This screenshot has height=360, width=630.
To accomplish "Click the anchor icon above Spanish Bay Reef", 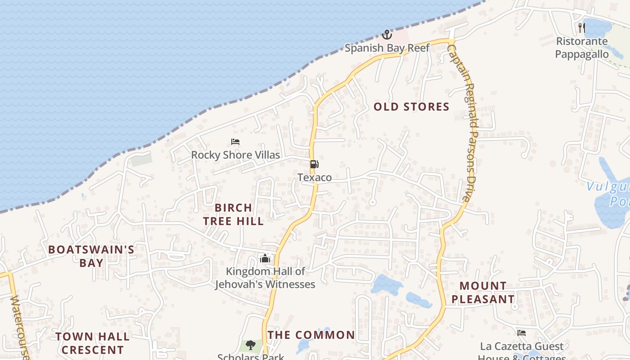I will tap(387, 34).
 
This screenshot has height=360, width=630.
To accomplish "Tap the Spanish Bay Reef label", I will tap(387, 48).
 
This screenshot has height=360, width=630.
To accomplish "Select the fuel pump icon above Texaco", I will tap(314, 164).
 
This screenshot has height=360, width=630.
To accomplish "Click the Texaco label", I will tap(315, 177).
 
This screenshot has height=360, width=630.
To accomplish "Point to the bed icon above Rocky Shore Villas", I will tap(235, 142).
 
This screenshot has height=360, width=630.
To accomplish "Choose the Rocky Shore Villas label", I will tap(235, 155).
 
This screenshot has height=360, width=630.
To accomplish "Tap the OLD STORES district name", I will tap(411, 107).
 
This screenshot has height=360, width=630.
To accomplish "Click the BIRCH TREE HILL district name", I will tap(233, 214).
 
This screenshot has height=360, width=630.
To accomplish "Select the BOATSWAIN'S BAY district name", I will tap(91, 256).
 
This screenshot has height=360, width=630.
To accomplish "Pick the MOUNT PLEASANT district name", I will tap(483, 292).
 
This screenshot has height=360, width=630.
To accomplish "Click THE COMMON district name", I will tap(311, 335).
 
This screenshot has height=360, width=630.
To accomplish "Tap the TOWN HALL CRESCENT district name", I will tap(93, 343).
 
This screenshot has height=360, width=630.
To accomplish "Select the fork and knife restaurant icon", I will tap(582, 28).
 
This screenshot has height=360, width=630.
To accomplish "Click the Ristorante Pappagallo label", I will tap(582, 48).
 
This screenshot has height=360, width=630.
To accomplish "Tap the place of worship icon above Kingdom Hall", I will tap(265, 258).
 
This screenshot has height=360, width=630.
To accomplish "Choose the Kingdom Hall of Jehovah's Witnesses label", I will tap(265, 278).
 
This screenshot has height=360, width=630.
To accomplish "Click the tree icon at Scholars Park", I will tap(251, 345).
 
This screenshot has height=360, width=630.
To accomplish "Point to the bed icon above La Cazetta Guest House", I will tap(522, 333).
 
